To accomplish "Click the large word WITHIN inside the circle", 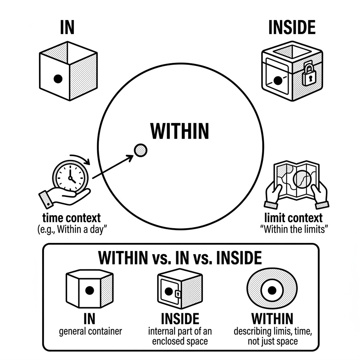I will point(180,131).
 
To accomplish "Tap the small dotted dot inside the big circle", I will point(141,150).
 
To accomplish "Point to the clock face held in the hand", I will point(69,175).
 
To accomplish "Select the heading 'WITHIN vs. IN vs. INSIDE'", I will point(180,258).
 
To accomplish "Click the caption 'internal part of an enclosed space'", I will point(180,336).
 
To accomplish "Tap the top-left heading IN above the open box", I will point(67,28).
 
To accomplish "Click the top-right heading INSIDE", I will point(291,28).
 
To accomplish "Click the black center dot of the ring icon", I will point(272,290).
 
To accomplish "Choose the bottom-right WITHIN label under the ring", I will point(272,319).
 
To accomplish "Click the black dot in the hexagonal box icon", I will point(89,290).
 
